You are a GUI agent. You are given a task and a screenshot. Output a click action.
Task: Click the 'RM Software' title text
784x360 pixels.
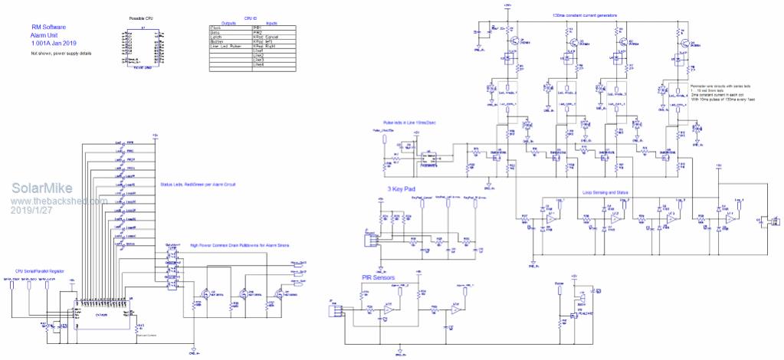[x=48, y=26]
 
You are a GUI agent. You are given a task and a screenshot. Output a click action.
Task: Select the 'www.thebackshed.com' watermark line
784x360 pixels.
[x=58, y=201]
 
